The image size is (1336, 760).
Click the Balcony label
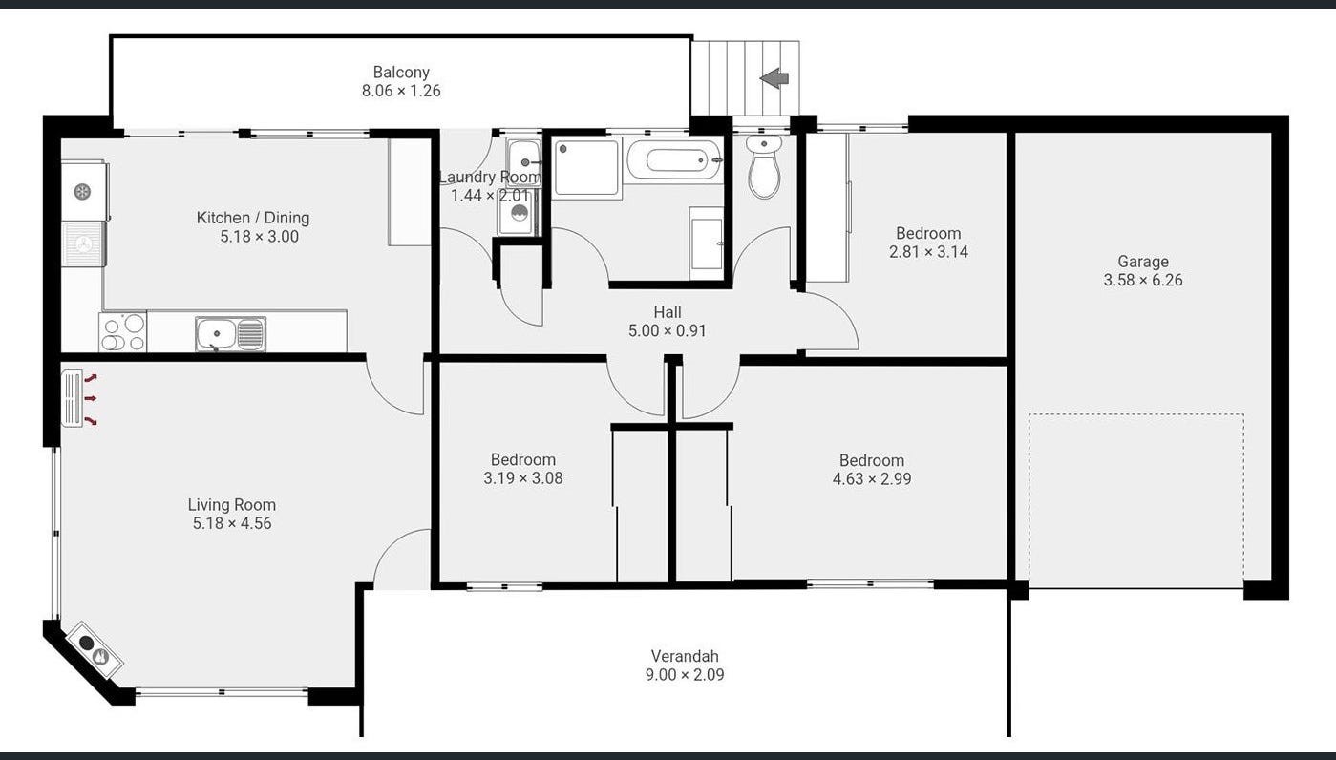tap(401, 73)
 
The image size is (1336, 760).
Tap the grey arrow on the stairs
tap(774, 78)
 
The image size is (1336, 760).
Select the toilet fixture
tap(764, 166)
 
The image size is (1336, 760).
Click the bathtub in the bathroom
tap(676, 159)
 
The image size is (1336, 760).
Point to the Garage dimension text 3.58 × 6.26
tap(1143, 280)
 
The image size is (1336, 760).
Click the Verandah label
tap(685, 656)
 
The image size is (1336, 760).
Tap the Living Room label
tap(232, 505)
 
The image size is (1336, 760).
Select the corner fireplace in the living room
tap(95, 651)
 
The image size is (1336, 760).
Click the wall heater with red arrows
tap(72, 399)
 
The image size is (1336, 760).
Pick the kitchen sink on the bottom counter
tap(230, 334)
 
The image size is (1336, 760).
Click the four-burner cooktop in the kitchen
tap(123, 331)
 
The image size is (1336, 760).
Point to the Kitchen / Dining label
tap(253, 218)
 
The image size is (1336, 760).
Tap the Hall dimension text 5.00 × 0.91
tap(667, 330)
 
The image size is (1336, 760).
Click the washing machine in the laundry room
tap(519, 212)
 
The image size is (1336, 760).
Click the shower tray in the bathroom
tap(586, 168)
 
